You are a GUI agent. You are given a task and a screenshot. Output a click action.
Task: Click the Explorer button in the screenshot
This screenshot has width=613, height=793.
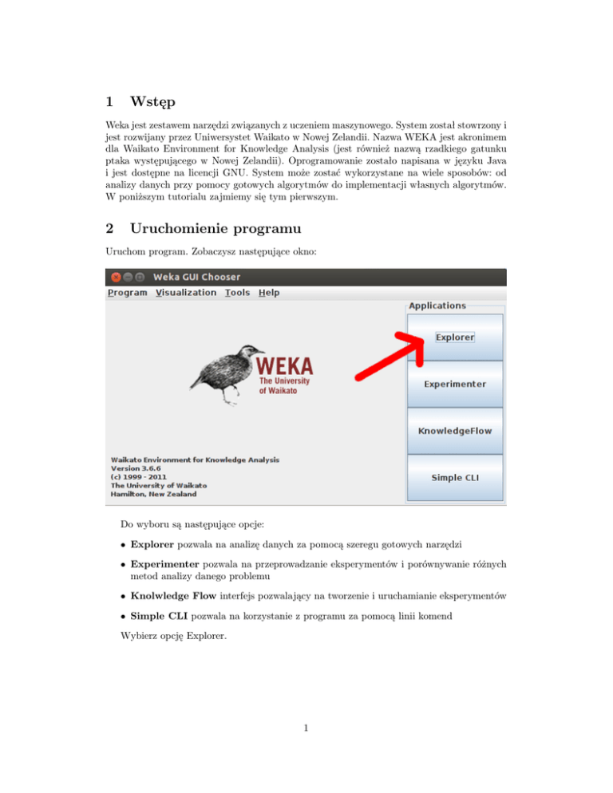coord(455,337)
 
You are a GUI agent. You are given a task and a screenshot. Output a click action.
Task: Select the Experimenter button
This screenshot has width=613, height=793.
coord(455,384)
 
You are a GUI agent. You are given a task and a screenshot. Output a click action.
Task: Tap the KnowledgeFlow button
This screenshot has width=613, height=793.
coord(455,431)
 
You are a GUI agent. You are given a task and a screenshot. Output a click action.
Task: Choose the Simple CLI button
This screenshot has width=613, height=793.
coord(455,478)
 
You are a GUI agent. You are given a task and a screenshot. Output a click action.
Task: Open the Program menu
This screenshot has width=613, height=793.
coord(127,293)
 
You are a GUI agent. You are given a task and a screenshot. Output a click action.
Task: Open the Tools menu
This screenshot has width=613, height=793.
coord(237,293)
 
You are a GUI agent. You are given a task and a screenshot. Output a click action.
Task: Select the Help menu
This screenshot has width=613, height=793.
coord(269,293)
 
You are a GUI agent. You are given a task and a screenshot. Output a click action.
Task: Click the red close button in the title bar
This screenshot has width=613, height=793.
coord(116,277)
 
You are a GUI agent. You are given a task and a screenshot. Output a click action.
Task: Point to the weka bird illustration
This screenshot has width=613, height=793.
coord(224,374)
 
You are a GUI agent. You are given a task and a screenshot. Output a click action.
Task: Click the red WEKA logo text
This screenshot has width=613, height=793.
coord(284,368)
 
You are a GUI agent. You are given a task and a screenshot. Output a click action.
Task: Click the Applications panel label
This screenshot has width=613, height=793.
coord(437,306)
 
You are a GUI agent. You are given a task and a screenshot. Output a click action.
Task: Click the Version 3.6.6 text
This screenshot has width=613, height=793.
coord(138,468)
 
